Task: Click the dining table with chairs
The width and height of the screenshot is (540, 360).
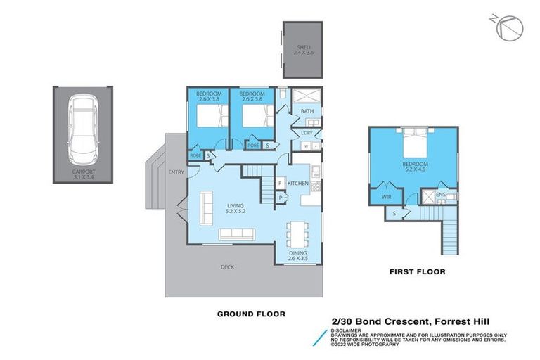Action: click(296, 233)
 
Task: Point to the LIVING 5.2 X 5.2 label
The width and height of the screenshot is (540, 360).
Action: click(225, 208)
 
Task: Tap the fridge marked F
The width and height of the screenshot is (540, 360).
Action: click(281, 184)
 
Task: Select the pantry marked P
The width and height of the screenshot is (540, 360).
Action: click(281, 198)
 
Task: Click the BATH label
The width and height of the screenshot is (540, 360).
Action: click(307, 111)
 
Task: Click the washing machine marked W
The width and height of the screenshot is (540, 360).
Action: click(306, 146)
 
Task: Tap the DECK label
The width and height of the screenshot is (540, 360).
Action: click(226, 267)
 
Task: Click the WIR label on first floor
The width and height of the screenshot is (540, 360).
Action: click(386, 198)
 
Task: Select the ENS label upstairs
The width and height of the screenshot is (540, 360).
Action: click(441, 194)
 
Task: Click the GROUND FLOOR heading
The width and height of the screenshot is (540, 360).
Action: click(251, 314)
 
